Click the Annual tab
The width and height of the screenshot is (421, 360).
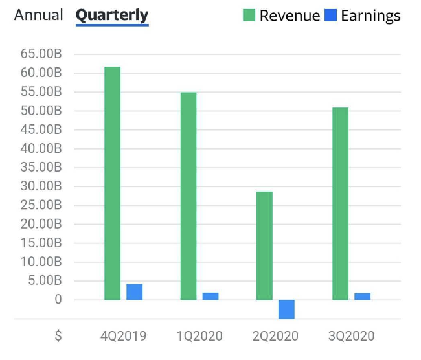tap(39, 15)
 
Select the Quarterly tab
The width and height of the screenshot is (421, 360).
tap(112, 15)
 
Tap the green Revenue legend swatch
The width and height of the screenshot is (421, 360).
tap(249, 16)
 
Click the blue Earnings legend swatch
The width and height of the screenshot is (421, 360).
tap(330, 16)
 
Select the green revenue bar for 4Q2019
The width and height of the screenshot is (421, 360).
tap(112, 183)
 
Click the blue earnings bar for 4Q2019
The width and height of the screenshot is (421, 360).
tap(134, 292)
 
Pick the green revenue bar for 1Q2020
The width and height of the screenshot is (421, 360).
tap(188, 196)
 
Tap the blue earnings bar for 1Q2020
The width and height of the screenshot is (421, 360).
tap(210, 296)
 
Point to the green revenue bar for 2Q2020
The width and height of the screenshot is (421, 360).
tap(264, 245)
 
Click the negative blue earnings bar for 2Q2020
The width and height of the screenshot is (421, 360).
tap(286, 309)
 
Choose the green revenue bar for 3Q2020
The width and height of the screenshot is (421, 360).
tap(340, 203)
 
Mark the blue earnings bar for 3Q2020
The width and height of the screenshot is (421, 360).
tap(363, 297)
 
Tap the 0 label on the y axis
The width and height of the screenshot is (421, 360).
tap(58, 300)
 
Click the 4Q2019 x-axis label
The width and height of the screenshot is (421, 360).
tap(123, 336)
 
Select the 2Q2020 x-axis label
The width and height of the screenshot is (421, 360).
tap(275, 336)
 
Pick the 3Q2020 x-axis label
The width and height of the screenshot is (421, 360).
tap(351, 336)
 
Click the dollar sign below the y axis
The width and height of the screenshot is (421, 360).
tap(58, 336)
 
